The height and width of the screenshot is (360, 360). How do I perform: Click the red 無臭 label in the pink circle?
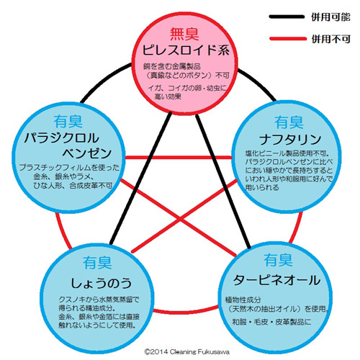184,34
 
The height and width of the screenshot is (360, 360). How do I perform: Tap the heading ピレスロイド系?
186,50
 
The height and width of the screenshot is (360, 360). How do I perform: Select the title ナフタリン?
290,140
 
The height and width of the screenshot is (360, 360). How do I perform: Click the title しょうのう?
101,283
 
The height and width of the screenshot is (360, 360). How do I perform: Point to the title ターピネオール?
276,280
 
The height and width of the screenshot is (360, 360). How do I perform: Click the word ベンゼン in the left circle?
87,153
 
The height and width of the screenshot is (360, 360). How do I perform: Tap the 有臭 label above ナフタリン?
289,122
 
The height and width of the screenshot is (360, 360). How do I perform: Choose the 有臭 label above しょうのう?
97,263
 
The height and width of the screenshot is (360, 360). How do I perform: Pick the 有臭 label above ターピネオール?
278,260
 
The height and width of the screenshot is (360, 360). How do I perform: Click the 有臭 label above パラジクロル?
68,122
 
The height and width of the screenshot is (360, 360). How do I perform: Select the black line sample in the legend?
287,17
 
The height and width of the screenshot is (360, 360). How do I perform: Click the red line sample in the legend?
288,39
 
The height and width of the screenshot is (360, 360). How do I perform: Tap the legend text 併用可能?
330,17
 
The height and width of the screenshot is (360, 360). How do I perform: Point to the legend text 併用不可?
331,39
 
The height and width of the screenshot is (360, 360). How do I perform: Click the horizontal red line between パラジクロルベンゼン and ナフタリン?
179,158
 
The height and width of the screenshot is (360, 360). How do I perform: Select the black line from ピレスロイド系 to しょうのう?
140,178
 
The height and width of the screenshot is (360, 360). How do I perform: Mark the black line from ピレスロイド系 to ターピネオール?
223,181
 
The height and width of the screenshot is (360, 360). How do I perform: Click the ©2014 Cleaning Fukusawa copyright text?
186,352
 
